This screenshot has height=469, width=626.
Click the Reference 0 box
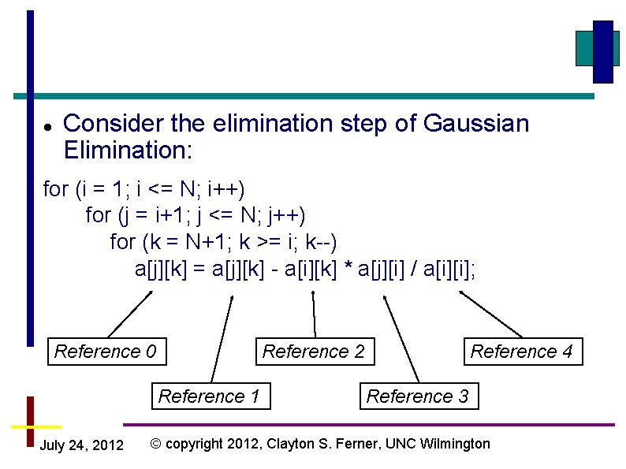[106, 352]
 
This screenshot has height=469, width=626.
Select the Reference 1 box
[209, 396]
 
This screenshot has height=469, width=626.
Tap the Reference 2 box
[314, 352]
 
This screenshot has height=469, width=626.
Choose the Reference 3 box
[418, 396]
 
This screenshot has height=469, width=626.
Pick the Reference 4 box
[521, 352]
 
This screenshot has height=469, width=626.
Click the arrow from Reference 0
[129, 315]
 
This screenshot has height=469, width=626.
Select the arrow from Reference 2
[314, 315]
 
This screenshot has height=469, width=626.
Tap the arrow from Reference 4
[490, 315]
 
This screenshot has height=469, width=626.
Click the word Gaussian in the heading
[476, 124]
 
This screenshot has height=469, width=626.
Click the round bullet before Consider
[48, 126]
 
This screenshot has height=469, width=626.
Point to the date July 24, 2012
[81, 446]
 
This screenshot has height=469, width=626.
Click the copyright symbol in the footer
[155, 444]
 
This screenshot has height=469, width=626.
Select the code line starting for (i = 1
[144, 189]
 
